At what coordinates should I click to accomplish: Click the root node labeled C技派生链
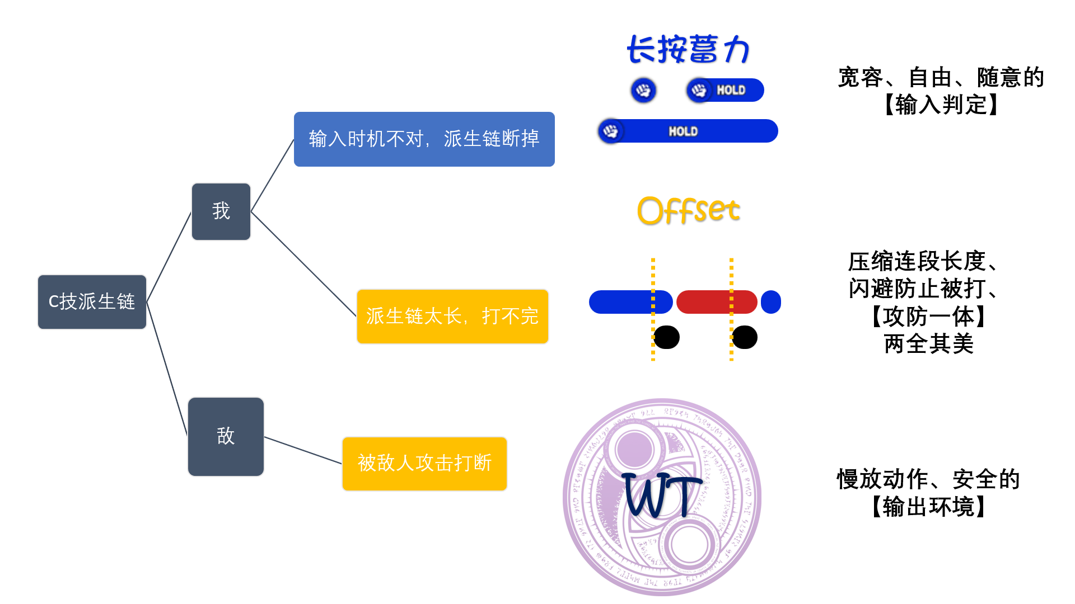click(92, 301)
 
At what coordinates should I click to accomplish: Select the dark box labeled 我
click(221, 211)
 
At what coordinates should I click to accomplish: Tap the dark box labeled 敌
click(226, 436)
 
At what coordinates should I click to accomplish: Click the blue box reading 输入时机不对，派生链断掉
click(424, 139)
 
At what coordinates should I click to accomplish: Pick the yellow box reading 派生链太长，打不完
click(452, 316)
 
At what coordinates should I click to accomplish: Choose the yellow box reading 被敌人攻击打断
click(424, 464)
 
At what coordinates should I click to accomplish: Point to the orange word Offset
click(688, 211)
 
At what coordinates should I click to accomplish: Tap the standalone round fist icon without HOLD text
click(643, 90)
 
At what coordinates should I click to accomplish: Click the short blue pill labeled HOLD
click(726, 90)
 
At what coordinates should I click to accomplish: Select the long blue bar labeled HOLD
click(688, 131)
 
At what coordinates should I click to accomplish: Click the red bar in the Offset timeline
click(717, 302)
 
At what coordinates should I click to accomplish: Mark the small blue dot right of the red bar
click(771, 302)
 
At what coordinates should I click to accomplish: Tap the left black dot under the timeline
click(667, 337)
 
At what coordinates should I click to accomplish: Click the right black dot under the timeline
click(745, 337)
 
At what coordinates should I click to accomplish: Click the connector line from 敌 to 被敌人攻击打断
click(302, 450)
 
